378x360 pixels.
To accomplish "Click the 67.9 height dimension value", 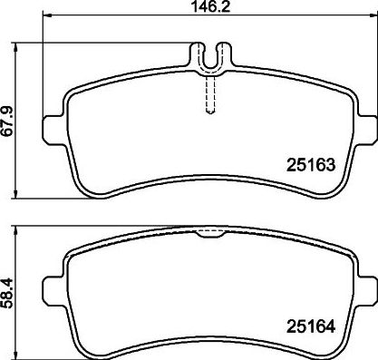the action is point(8,121).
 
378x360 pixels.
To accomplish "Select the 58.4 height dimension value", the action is point(8,294).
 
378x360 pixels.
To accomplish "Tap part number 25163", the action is point(311,165).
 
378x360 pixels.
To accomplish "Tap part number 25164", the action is point(311,326).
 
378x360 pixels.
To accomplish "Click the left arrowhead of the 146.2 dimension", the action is point(48,15).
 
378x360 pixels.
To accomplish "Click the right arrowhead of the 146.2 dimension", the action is point(372,15).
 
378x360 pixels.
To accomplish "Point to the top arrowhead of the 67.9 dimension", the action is point(15,47).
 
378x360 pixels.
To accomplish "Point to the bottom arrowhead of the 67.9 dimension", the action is point(15,194).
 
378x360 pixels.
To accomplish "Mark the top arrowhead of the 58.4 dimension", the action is point(15,230).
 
